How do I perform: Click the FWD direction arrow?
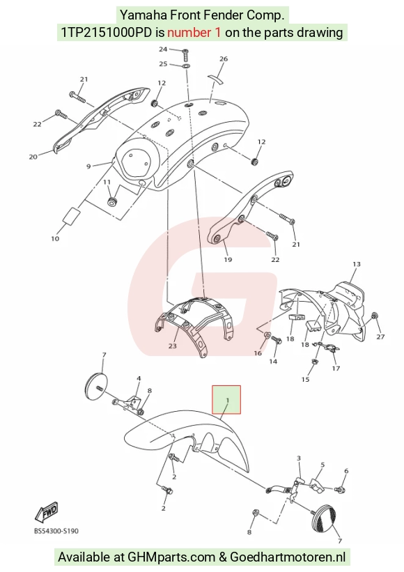(x=46, y=511)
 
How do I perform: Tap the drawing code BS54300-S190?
(x=56, y=531)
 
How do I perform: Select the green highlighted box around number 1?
(x=226, y=400)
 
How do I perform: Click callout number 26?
(x=224, y=59)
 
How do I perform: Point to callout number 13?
(x=357, y=264)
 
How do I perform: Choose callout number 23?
(x=173, y=346)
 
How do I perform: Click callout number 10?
(x=55, y=238)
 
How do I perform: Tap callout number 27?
(x=380, y=337)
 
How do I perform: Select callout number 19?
(x=228, y=260)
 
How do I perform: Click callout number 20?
(x=33, y=157)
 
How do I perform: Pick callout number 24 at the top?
(x=163, y=49)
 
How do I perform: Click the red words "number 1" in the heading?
(x=194, y=33)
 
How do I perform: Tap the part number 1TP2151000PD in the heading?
(x=106, y=33)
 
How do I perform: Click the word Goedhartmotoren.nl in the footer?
(x=288, y=557)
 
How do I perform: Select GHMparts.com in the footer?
(x=171, y=557)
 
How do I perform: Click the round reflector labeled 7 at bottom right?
(x=323, y=519)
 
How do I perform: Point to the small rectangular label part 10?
(x=72, y=215)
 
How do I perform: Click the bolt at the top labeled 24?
(x=185, y=55)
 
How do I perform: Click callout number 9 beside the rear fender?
(x=88, y=167)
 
